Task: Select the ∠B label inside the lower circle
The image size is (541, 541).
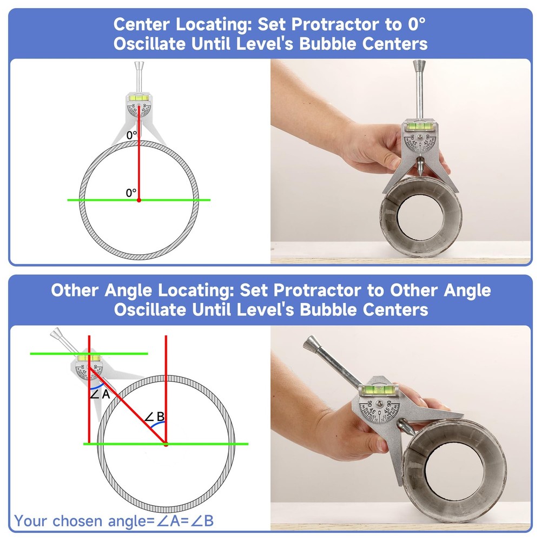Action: click(155, 417)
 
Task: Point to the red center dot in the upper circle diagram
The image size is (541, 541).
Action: click(138, 200)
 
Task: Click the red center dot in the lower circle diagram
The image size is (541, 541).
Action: click(166, 444)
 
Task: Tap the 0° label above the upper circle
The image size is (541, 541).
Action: click(131, 135)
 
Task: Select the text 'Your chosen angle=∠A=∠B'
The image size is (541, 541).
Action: click(114, 521)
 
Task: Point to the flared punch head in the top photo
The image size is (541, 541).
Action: click(418, 67)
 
